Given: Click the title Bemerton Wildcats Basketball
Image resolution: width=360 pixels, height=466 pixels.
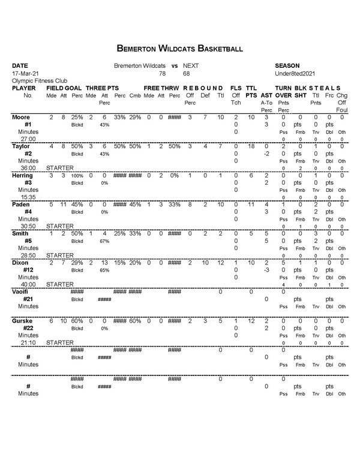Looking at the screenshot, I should pos(180,47).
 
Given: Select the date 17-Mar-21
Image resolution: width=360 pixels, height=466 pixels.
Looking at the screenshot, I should pos(25,73).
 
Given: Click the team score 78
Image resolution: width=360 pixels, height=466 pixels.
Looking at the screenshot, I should pos(162,73).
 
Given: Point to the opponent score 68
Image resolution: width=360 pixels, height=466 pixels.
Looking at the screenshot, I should pos(187,73).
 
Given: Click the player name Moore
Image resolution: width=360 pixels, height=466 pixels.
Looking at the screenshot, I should pos(21,116).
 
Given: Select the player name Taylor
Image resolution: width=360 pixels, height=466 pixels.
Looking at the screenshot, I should pos(21,146).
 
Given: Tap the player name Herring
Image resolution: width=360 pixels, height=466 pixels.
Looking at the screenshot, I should pos(22,175).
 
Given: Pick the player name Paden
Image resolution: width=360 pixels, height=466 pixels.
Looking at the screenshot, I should pos(21,204).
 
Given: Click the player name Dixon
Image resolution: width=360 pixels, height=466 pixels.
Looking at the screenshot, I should pos(20,262).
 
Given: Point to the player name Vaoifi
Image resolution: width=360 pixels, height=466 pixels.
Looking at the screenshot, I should pos(22,291).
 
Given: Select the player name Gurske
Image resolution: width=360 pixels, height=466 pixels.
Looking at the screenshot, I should pos(22,321).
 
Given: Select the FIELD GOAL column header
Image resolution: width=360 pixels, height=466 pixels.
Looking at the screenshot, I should pos(64,88).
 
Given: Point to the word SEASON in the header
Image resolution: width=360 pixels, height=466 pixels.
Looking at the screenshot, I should pos(287,65).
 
